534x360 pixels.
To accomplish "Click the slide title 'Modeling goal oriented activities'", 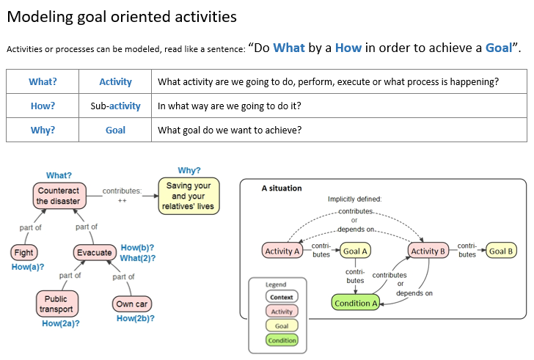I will click(122, 16).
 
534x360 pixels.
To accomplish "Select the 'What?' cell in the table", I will click(43, 82).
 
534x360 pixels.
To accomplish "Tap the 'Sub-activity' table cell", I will click(115, 106).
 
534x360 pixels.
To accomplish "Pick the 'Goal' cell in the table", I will click(115, 130).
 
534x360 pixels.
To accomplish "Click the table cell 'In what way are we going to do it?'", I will click(230, 106).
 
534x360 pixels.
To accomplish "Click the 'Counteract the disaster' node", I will click(58, 196).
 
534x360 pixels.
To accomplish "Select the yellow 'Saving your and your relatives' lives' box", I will click(189, 196).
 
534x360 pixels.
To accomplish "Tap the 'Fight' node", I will click(23, 252).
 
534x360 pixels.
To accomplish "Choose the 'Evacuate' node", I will click(94, 252).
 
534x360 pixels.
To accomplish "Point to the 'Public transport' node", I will click(56, 304).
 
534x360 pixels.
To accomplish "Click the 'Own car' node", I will click(132, 304).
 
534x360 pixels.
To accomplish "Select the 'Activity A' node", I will click(282, 251).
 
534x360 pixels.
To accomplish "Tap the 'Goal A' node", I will click(354, 251).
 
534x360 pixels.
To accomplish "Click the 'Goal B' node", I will click(502, 251).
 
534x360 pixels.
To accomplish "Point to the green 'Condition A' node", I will click(356, 303).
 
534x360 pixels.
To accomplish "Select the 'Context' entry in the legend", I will click(282, 297).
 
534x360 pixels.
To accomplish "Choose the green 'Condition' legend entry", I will click(282, 340).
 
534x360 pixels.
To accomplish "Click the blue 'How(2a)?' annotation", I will click(61, 323).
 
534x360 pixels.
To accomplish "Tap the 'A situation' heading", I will click(282, 188).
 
